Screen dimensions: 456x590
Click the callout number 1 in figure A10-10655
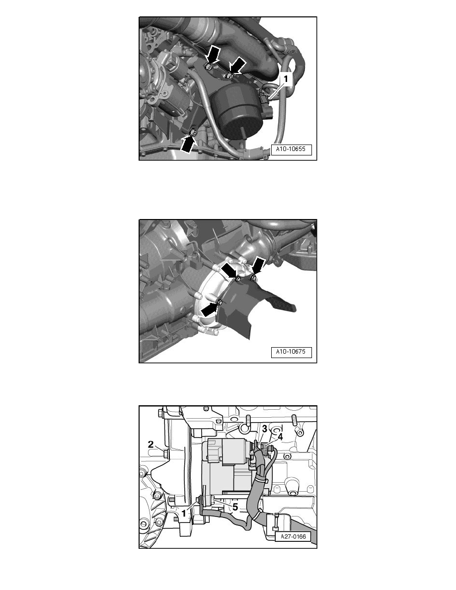(286, 79)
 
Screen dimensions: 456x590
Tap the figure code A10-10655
(291, 149)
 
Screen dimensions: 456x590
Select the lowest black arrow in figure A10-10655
(189, 144)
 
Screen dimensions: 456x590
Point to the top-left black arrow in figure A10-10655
(214, 54)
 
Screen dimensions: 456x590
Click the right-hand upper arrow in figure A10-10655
(238, 66)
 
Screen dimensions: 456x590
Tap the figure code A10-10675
(291, 352)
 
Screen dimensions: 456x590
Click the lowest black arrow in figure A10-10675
(210, 309)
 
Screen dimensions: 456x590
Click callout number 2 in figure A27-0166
(151, 444)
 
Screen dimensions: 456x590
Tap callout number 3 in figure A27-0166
(264, 429)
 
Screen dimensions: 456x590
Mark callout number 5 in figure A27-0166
(235, 507)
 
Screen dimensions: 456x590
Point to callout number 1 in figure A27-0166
(184, 513)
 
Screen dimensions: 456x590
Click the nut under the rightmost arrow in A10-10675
(253, 278)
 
